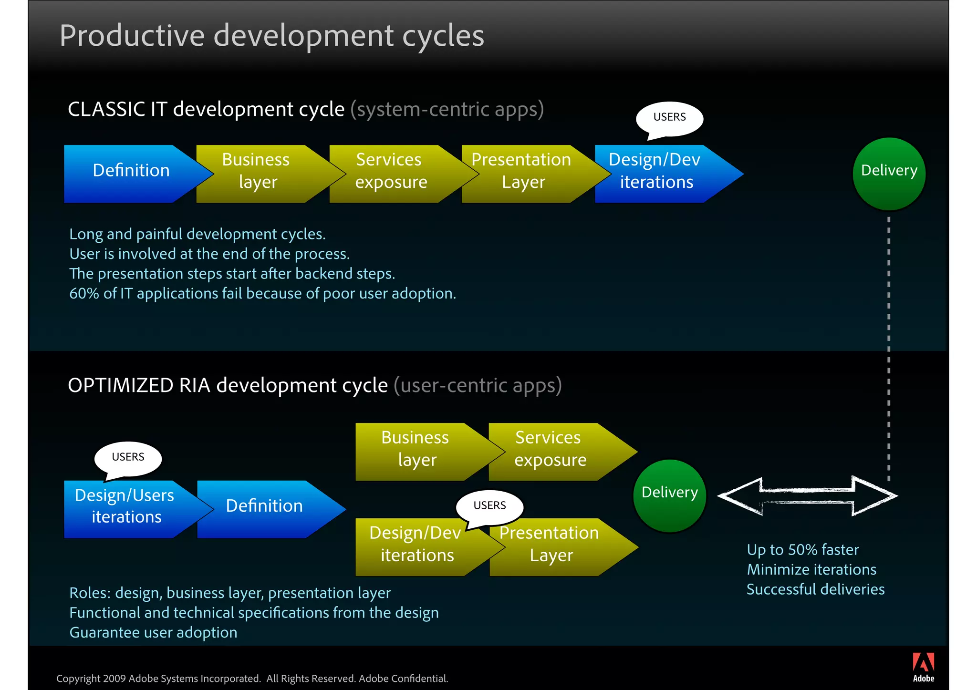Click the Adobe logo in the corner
pos(923,667)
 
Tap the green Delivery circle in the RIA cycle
pos(669,495)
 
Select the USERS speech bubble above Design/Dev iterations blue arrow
pos(669,118)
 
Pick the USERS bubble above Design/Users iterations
pos(128,458)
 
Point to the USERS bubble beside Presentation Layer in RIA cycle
pos(489,506)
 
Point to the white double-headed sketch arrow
pos(807,495)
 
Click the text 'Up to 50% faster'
pos(802,550)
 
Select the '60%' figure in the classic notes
pos(84,293)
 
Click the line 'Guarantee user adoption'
pos(153,632)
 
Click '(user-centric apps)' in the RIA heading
pos(478,385)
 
